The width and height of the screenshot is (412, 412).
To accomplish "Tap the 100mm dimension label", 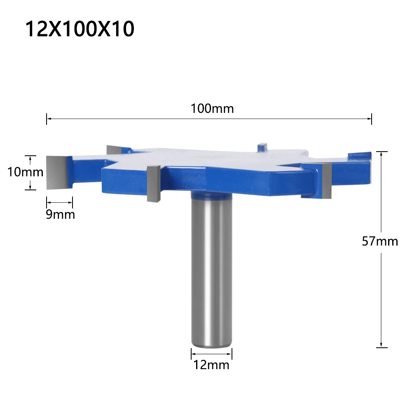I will (212, 109).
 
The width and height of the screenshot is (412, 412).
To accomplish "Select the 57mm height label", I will (380, 241).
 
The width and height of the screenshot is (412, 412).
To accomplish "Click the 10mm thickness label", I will (25, 172).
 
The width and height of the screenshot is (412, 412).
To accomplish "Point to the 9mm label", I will (60, 214).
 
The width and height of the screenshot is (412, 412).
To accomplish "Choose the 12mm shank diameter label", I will (211, 364).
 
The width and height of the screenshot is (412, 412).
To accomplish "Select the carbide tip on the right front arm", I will (327, 180).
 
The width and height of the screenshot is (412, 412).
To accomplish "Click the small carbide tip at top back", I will (261, 147).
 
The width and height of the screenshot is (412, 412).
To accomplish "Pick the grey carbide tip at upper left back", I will (113, 150).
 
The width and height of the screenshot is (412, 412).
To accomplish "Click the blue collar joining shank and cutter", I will (211, 194).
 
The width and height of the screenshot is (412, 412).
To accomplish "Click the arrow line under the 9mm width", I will (59, 202).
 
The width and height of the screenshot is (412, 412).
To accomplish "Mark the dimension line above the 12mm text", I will (211, 353).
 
